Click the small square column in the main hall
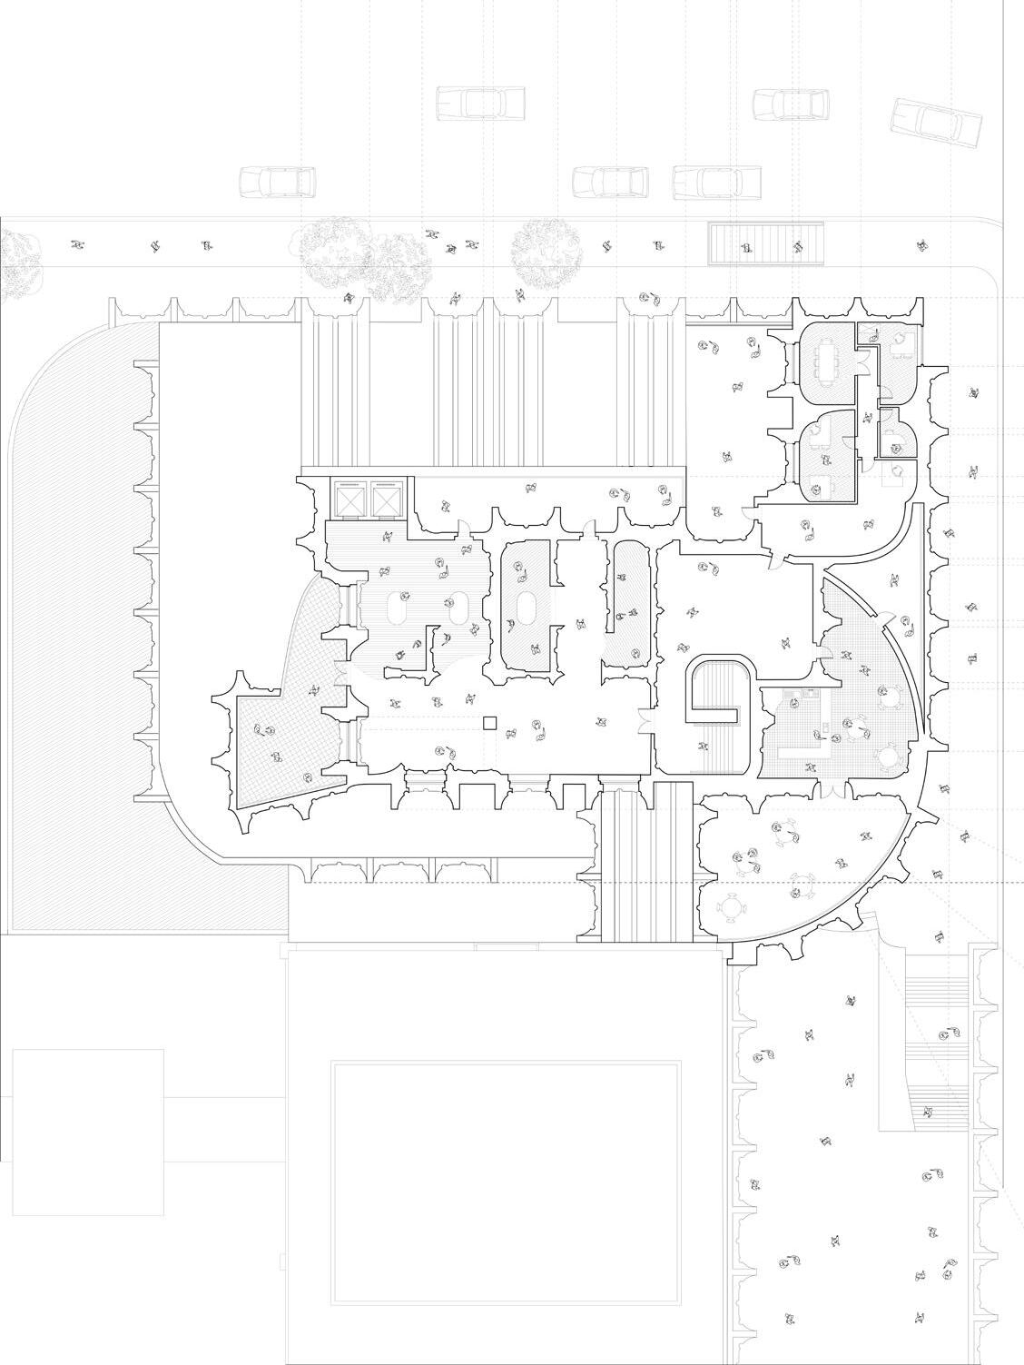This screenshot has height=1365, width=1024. point(490,723)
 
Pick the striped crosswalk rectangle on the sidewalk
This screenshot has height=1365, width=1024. point(766,243)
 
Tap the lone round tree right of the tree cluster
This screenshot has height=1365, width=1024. point(546,252)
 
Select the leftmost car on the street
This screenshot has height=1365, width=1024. point(277,182)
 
